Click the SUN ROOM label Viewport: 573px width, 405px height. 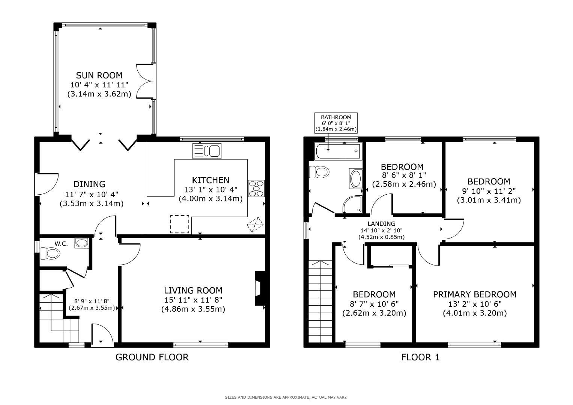(99, 75)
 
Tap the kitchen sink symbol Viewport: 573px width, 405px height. (207, 151)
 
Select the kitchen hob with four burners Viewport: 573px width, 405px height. (256, 188)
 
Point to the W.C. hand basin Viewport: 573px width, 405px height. (81, 243)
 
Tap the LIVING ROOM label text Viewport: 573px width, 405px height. (193, 290)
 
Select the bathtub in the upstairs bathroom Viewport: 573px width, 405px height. (338, 151)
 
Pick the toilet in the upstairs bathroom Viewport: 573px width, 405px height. (319, 172)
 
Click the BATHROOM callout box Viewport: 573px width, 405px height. (336, 123)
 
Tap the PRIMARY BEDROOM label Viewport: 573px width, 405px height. (475, 294)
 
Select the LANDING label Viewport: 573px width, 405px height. (381, 223)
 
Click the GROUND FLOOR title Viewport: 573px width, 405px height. (152, 357)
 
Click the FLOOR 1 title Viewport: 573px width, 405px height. (420, 357)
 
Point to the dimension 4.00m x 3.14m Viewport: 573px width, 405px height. (211, 198)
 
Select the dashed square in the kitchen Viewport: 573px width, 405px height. (180, 224)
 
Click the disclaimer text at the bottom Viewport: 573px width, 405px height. (286, 397)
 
